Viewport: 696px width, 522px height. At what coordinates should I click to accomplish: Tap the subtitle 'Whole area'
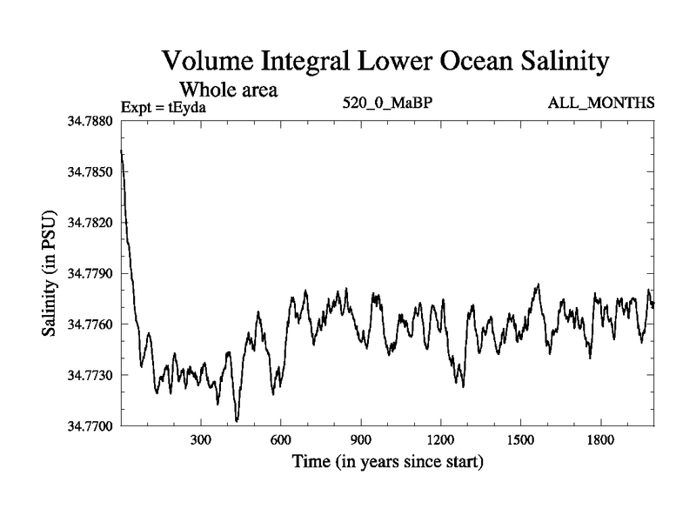tap(228, 89)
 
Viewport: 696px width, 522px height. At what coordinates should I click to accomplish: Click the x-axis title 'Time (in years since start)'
tap(387, 460)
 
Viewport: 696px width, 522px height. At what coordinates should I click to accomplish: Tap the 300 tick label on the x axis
tap(201, 439)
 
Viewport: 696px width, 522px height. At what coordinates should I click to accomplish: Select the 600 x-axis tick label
tap(281, 439)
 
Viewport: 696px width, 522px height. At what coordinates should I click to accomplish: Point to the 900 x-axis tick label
tap(361, 439)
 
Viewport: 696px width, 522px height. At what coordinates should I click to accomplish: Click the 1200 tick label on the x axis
tap(441, 439)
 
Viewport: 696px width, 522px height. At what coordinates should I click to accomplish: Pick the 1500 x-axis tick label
tap(520, 439)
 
